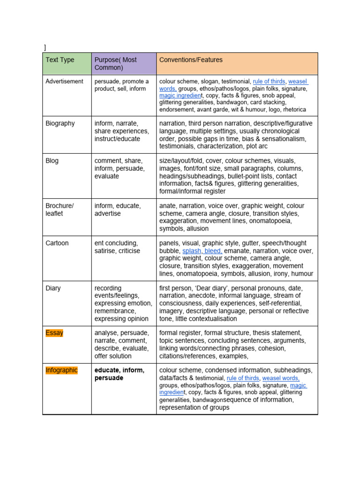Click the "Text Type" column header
(x=60, y=60)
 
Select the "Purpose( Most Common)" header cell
(x=115, y=64)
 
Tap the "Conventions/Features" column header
(x=191, y=60)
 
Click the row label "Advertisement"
(x=64, y=82)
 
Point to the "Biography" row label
(x=60, y=123)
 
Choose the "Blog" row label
(x=52, y=161)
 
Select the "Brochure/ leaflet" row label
(x=60, y=210)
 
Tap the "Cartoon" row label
(x=57, y=243)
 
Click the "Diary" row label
(x=53, y=288)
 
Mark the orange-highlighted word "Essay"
(x=54, y=333)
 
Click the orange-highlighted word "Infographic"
(x=62, y=370)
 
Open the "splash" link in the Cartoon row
(x=192, y=251)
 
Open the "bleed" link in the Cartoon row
(x=213, y=251)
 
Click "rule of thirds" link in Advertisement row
(x=269, y=82)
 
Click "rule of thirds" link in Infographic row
(x=242, y=378)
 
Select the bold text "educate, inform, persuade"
(x=119, y=374)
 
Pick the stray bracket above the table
(x=45, y=47)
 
